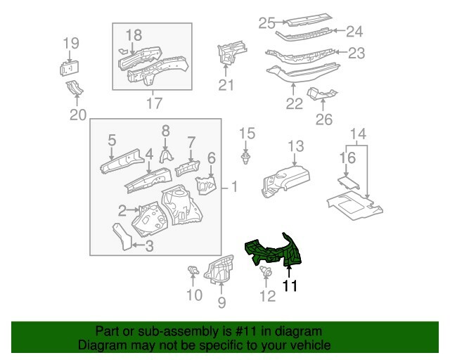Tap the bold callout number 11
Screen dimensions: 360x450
pos(290,286)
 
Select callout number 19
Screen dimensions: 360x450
pos(70,44)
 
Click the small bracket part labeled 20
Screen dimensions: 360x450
pos(74,89)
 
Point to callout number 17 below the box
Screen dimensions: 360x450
pos(153,104)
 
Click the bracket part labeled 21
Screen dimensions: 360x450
pos(229,52)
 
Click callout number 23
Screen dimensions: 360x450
pos(356,52)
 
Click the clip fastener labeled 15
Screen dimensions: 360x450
pos(246,157)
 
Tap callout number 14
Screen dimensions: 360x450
pos(357,134)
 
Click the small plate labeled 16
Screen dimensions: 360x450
pos(345,182)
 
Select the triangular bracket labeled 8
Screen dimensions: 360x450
pos(166,155)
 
